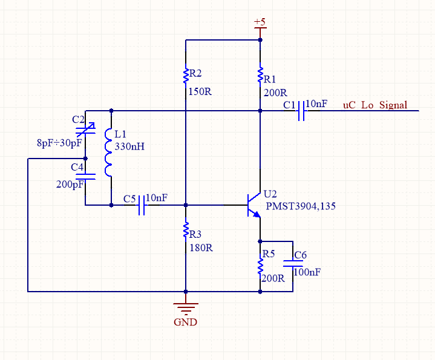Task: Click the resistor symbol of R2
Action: click(x=186, y=73)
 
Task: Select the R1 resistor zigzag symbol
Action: click(x=260, y=75)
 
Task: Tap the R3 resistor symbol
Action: click(x=186, y=230)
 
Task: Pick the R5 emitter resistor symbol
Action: click(x=260, y=266)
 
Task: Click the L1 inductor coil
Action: click(x=108, y=152)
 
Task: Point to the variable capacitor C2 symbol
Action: click(x=85, y=130)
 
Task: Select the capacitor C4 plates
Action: click(x=85, y=177)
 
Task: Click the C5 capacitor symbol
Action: click(x=142, y=205)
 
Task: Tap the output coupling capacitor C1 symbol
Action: click(x=301, y=111)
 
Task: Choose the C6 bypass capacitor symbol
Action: click(x=293, y=263)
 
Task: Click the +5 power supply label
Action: click(x=260, y=21)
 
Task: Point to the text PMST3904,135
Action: click(x=301, y=206)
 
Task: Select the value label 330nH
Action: click(x=129, y=146)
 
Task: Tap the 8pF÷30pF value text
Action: click(x=59, y=143)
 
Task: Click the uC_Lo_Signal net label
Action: click(x=375, y=105)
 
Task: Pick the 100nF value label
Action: click(x=307, y=272)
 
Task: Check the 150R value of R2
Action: click(x=200, y=91)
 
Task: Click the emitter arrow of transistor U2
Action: click(x=257, y=214)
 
